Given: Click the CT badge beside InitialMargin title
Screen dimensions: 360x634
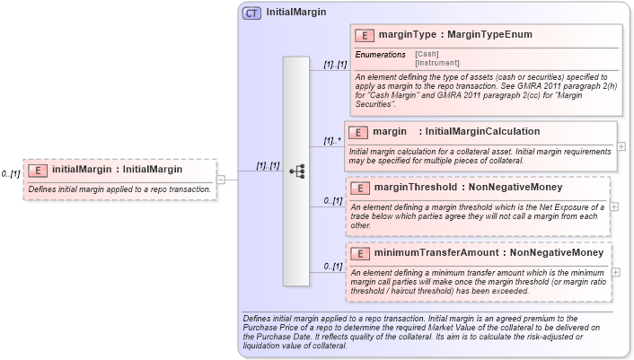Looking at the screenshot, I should pos(251,13).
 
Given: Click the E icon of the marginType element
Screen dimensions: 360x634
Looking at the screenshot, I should pos(365,35).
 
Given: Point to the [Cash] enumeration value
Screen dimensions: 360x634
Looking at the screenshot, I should pos(427,54).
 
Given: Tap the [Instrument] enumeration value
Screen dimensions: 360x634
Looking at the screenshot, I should pos(436,63).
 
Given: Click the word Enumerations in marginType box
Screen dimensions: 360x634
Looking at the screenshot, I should pos(380,55).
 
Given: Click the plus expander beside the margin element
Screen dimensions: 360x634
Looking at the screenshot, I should pos(621,145).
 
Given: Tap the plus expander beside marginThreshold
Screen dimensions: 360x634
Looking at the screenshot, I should pos(614,206).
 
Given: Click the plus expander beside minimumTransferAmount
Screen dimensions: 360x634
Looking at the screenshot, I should pos(616,271).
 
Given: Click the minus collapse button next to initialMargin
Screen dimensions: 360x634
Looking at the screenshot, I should pos(221,180).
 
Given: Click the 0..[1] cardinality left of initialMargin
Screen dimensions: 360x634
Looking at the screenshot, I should pos(11,173).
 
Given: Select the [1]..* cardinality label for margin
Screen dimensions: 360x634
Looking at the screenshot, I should pos(333,141).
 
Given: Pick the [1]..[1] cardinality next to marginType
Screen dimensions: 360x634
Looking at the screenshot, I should pos(335,65).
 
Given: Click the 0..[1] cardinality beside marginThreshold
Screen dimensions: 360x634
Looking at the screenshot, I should pos(333,201).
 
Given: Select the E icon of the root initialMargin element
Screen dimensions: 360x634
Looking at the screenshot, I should pos(38,170).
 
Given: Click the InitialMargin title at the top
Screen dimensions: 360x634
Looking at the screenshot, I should pos(295,13).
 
